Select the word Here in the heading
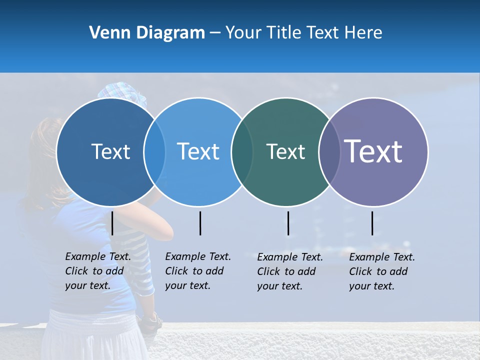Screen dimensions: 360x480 (362, 33)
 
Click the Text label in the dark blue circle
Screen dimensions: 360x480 (110, 151)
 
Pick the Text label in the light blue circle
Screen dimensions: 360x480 (198, 151)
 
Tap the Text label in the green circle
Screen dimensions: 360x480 (285, 151)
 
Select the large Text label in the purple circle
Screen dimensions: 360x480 (373, 151)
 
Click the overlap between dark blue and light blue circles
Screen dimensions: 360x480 (154, 151)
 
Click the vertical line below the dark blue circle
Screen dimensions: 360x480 (112, 223)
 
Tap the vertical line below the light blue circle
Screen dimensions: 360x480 (200, 223)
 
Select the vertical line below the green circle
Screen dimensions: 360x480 (288, 223)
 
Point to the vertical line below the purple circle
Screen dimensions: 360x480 (372, 223)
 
